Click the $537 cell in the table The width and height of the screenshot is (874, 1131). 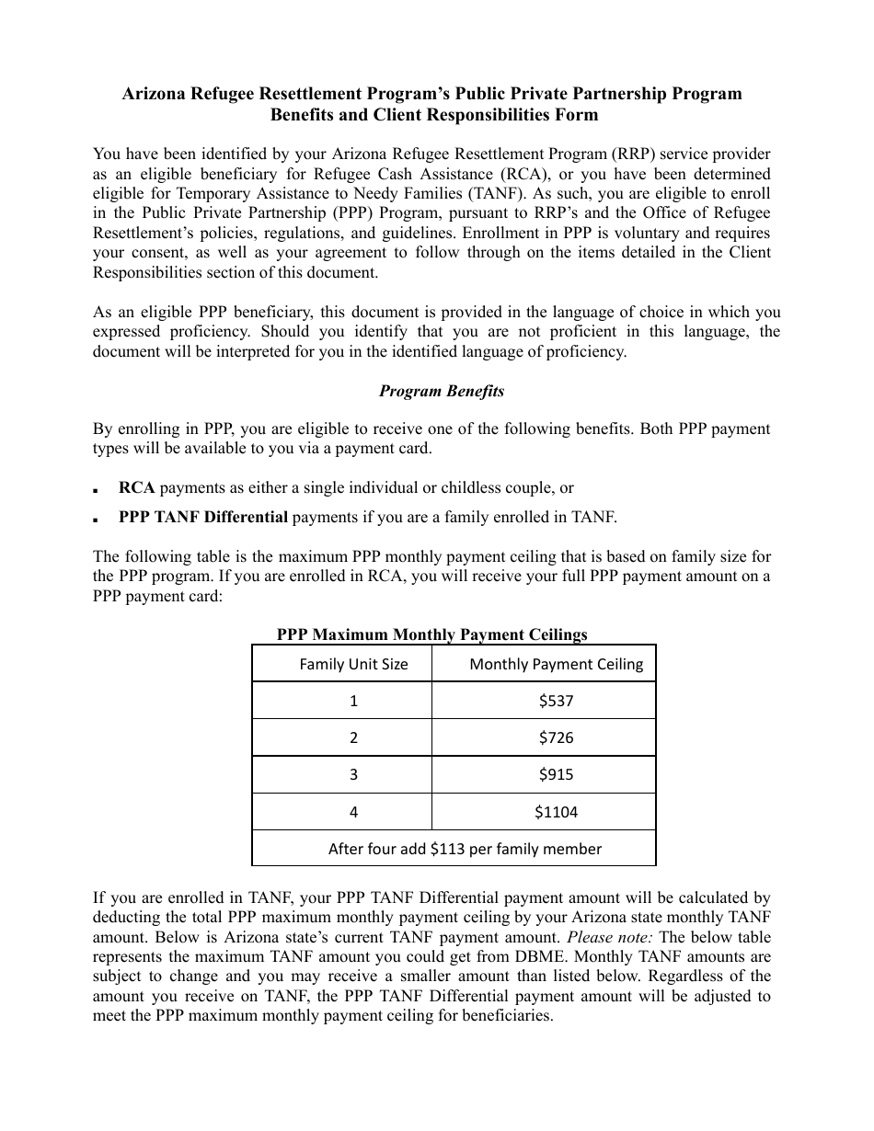tap(556, 701)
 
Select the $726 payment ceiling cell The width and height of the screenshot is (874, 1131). tap(556, 737)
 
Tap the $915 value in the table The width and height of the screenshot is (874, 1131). tap(556, 774)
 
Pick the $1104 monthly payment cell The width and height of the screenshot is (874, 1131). tap(556, 812)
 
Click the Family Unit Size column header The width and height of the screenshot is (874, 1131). tap(353, 664)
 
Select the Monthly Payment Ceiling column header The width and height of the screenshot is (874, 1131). tap(556, 664)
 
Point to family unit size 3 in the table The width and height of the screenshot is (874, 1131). tap(353, 774)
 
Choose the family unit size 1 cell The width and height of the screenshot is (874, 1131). tap(353, 701)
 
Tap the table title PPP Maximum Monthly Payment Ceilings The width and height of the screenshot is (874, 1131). tap(431, 634)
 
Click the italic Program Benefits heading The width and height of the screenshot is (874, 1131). tap(442, 391)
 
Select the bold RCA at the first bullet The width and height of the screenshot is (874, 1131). tap(136, 487)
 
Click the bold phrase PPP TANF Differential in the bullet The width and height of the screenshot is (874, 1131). tap(203, 517)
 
